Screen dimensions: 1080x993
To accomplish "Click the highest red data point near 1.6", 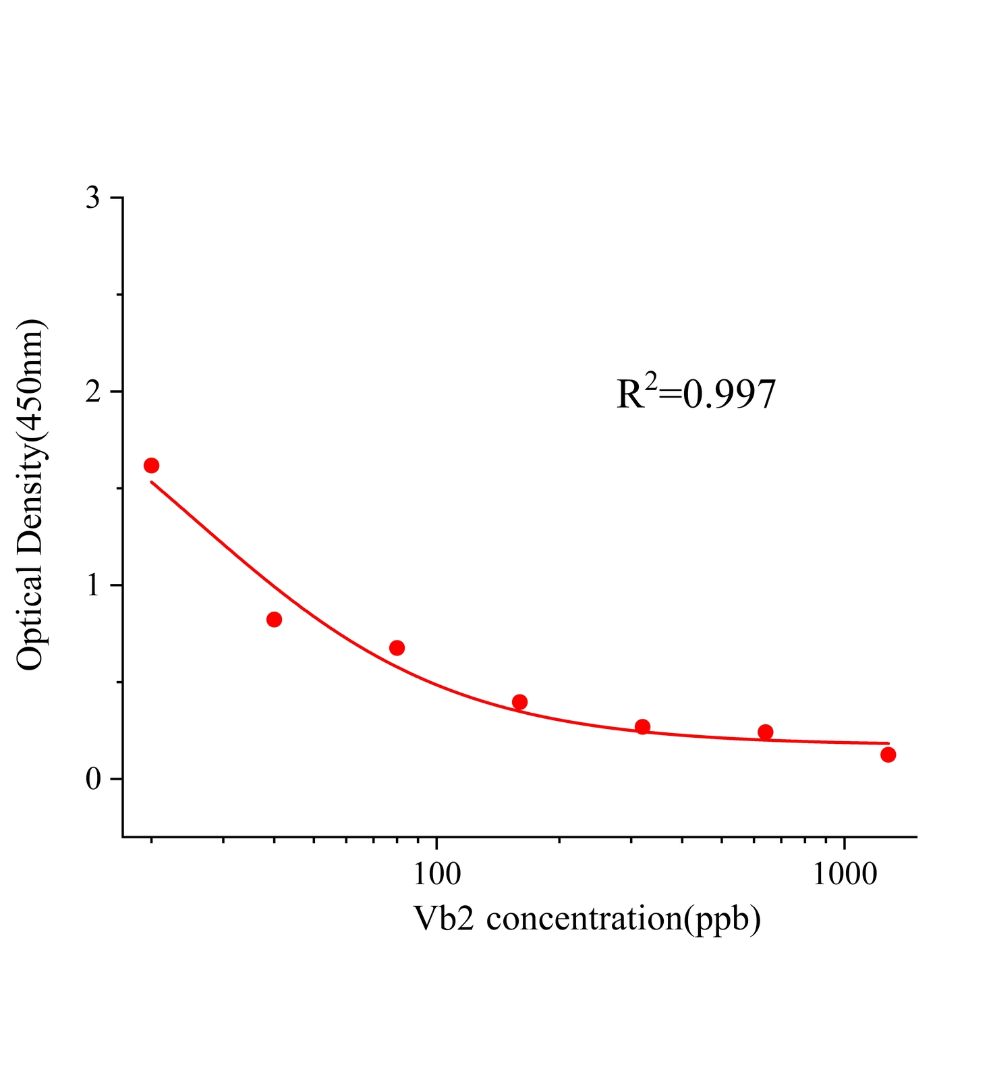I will tap(151, 465).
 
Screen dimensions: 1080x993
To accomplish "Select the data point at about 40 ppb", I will tap(274, 619).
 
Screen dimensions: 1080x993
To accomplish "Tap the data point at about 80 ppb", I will tap(397, 648).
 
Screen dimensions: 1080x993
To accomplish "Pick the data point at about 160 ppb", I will tap(519, 702).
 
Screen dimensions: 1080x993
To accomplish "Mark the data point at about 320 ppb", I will tap(642, 726).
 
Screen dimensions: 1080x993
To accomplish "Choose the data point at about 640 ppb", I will tap(765, 732).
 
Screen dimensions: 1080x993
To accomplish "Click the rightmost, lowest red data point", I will tap(888, 754).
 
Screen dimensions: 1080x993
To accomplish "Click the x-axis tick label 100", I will tap(437, 874).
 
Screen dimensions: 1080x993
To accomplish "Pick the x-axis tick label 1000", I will tap(845, 874).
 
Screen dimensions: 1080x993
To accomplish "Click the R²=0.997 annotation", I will tap(696, 394).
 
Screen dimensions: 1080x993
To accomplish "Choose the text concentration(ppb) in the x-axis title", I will tap(623, 919).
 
